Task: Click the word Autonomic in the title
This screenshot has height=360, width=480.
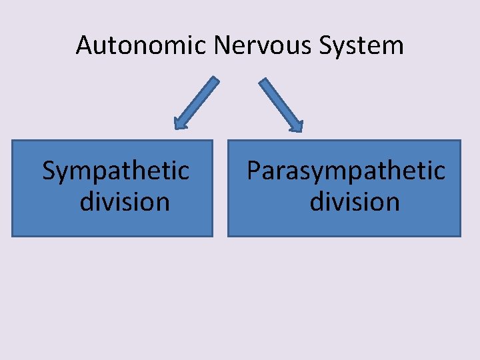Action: [x=141, y=45]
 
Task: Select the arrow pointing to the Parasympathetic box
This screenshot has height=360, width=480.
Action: [x=280, y=103]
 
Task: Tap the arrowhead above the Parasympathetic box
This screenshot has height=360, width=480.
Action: [x=297, y=125]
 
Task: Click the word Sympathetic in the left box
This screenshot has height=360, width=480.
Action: [x=116, y=171]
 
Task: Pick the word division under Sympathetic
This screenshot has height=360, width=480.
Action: [x=125, y=201]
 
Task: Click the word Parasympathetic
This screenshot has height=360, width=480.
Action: [x=345, y=171]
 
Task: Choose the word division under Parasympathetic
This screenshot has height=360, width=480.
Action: [x=355, y=201]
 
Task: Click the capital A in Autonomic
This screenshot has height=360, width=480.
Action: [x=84, y=45]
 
